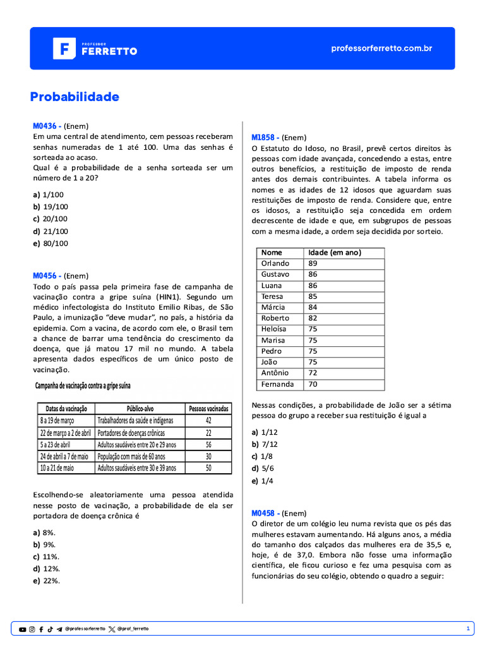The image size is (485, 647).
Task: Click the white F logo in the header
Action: tap(64, 49)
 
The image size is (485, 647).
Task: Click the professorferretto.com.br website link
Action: tap(381, 48)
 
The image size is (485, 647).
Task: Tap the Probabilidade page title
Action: tap(75, 97)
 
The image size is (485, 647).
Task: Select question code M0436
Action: tap(47, 124)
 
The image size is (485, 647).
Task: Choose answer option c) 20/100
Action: tap(51, 219)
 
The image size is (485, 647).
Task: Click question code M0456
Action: tap(47, 275)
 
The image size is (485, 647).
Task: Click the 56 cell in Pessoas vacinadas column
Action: tap(208, 444)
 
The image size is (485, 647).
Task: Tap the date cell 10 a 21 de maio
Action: tap(57, 468)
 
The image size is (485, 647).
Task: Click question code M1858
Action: tap(265, 137)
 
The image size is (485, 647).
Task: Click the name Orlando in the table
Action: tap(275, 263)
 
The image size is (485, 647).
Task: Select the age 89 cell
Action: tap(313, 263)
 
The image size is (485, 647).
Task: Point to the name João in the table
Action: tap(270, 362)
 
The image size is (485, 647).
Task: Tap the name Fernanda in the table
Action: tap(277, 384)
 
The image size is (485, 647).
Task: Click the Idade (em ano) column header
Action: tap(335, 252)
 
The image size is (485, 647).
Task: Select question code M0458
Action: tap(265, 513)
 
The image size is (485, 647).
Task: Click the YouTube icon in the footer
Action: tap(23, 629)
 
